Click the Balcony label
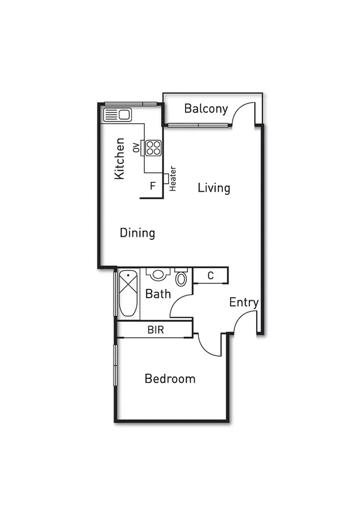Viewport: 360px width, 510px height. [x=206, y=109]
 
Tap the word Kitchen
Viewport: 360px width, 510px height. [x=120, y=159]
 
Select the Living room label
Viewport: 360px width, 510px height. [x=214, y=188]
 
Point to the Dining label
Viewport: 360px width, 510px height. [x=138, y=233]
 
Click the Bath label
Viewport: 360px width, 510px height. [x=158, y=294]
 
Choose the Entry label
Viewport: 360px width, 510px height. [x=243, y=303]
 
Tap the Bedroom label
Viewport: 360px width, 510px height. [x=170, y=379]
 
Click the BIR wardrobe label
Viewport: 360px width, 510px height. [x=156, y=330]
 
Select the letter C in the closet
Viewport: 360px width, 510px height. [x=210, y=276]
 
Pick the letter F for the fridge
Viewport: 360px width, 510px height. [x=153, y=186]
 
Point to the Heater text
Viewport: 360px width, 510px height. [x=172, y=179]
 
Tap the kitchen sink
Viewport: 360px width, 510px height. [x=117, y=114]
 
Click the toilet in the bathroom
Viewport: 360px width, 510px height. [x=181, y=278]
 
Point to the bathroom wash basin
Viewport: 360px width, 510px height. [x=157, y=274]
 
